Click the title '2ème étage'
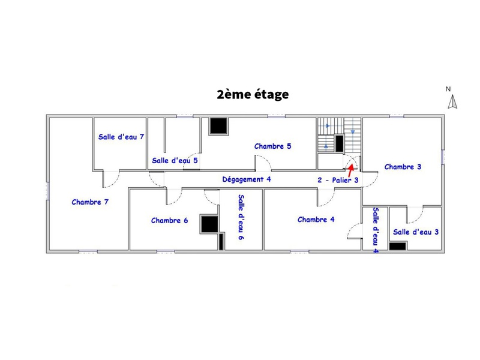pyautogui.click(x=253, y=95)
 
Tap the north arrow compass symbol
pyautogui.click(x=452, y=103)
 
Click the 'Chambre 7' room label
pyautogui.click(x=90, y=202)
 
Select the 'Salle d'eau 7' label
pyautogui.click(x=121, y=137)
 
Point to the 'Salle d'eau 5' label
pyautogui.click(x=175, y=160)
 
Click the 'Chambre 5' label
pyautogui.click(x=272, y=146)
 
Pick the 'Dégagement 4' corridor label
pyautogui.click(x=247, y=179)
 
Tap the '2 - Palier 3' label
pyautogui.click(x=338, y=179)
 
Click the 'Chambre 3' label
pyautogui.click(x=403, y=167)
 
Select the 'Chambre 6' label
pyautogui.click(x=170, y=220)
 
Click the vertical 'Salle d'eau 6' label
pyautogui.click(x=241, y=217)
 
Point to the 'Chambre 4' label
pyautogui.click(x=316, y=220)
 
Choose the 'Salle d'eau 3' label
pyautogui.click(x=416, y=232)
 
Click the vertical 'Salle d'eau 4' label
pyautogui.click(x=376, y=230)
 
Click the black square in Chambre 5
pyautogui.click(x=218, y=126)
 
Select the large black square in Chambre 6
pyautogui.click(x=208, y=223)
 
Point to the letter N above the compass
pyautogui.click(x=448, y=89)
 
